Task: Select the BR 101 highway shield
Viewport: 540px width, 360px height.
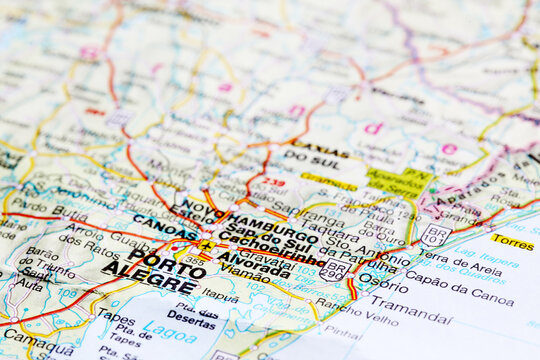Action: tap(435, 235)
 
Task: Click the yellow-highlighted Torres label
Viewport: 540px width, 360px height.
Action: tap(512, 243)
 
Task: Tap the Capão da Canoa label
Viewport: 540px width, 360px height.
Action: tap(459, 296)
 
